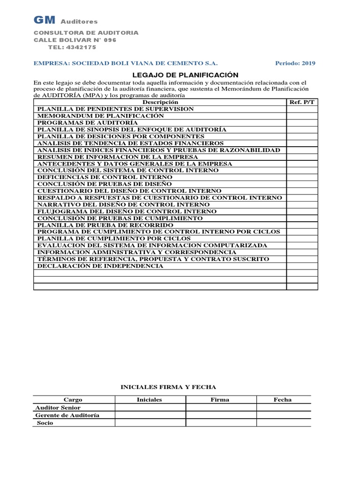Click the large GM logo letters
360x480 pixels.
click(x=45, y=20)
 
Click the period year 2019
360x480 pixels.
click(x=308, y=63)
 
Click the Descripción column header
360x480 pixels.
click(x=160, y=102)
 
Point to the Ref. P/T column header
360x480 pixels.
click(x=302, y=102)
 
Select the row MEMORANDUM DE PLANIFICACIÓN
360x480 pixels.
click(x=101, y=115)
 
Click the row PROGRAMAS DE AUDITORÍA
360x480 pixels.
click(x=88, y=122)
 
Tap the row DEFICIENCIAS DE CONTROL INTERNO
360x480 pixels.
click(x=105, y=177)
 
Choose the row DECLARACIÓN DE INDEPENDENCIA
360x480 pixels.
click(x=100, y=266)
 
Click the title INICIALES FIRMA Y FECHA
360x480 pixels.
click(x=169, y=387)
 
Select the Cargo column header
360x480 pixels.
click(x=73, y=400)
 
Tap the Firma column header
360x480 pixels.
click(x=220, y=400)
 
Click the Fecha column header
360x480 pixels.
click(x=283, y=400)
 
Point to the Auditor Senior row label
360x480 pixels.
click(x=58, y=408)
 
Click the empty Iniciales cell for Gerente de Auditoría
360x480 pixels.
click(x=150, y=415)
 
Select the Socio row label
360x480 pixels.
click(x=45, y=423)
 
